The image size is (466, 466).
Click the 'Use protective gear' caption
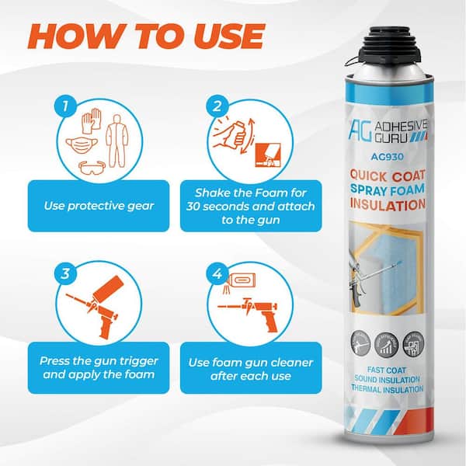98,205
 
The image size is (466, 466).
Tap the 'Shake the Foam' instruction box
242,205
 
